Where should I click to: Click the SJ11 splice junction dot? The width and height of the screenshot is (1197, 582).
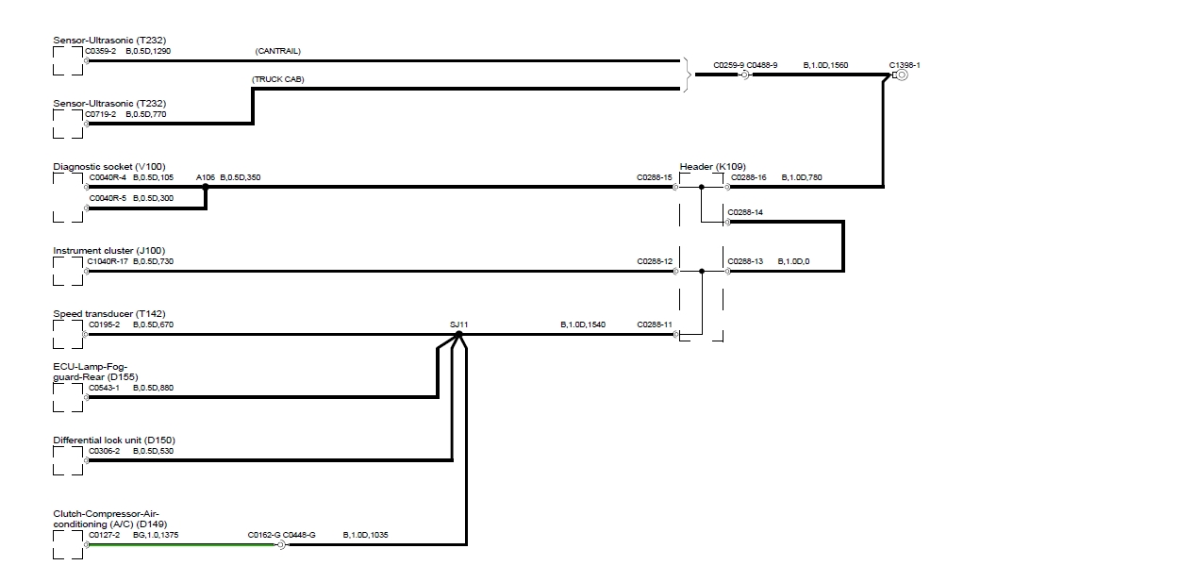point(458,334)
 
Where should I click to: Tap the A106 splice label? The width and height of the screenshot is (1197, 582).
point(206,177)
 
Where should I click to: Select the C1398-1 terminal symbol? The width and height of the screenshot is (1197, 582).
point(901,75)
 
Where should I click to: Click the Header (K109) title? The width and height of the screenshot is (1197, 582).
point(712,167)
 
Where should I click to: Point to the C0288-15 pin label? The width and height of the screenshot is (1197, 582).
point(655,177)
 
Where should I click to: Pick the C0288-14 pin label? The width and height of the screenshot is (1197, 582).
point(745,212)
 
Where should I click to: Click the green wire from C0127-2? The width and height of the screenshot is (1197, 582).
point(179,545)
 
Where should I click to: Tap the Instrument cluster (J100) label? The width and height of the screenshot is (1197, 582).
point(108,251)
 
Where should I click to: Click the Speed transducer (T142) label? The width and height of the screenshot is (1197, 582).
point(108,314)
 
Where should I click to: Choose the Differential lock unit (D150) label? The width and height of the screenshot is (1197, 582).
point(113,441)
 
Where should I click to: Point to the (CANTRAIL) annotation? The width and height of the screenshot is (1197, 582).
point(277,51)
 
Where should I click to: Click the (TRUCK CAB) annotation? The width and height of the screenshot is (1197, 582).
point(278,79)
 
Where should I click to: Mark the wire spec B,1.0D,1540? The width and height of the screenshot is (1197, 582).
point(583,324)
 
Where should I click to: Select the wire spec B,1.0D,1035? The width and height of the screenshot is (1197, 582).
point(365,535)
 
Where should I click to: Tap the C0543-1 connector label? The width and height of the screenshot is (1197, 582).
point(104,388)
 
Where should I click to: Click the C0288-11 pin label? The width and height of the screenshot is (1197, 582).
point(655,324)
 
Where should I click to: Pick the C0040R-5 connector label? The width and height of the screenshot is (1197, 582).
point(107,198)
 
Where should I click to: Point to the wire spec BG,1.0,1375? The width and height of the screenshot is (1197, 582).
point(156,535)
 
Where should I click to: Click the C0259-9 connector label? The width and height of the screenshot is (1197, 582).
point(729,65)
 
